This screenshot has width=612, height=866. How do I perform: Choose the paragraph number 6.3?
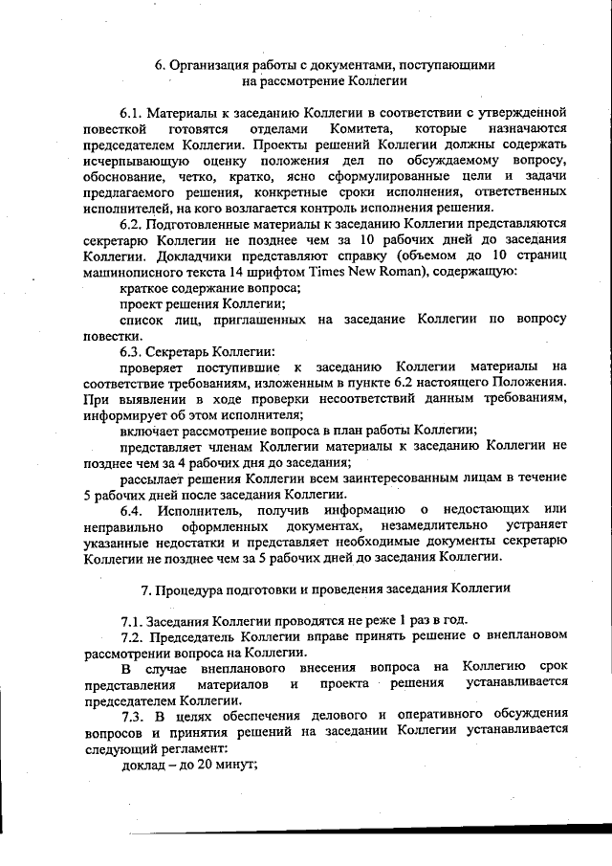pos(132,354)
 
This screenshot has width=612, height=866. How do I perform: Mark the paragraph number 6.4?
pos(132,510)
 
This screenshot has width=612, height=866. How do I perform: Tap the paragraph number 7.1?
pos(132,619)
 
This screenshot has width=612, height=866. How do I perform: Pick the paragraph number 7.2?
pos(132,636)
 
